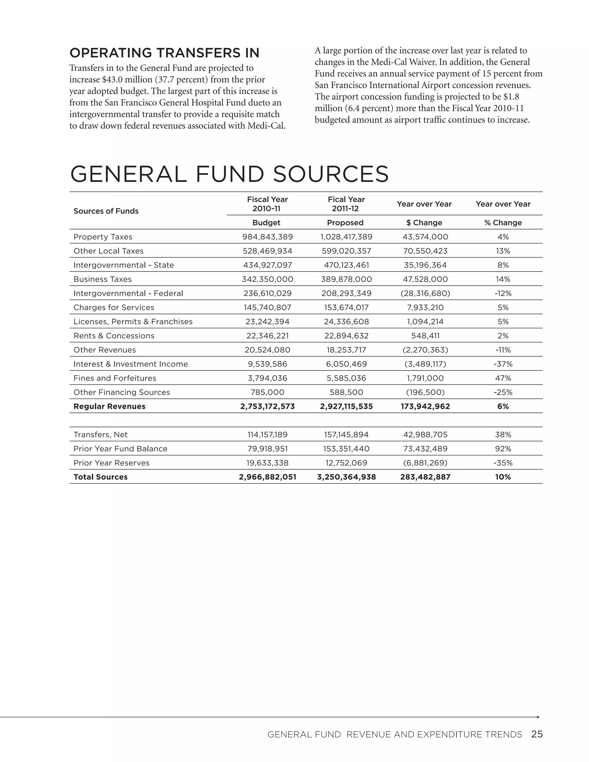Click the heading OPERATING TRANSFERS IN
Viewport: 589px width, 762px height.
pos(164,53)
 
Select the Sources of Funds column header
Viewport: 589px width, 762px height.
pos(106,211)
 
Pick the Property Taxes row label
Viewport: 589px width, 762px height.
pos(103,237)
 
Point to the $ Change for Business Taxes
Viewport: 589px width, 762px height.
pos(425,279)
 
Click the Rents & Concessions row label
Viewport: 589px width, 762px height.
pos(114,336)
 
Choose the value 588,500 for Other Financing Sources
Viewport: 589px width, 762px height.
pos(346,392)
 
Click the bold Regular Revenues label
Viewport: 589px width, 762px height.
pos(109,407)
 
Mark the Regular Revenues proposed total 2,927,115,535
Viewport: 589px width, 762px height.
pos(346,407)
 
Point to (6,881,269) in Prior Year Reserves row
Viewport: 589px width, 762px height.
pos(425,463)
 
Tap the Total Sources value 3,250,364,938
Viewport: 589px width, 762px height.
pos(346,477)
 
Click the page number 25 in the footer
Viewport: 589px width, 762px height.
pos(537,734)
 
